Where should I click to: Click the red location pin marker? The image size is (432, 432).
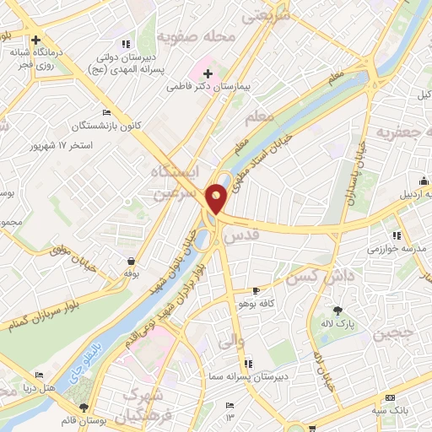[x=216, y=198]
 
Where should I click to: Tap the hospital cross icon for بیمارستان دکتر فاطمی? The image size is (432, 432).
[x=207, y=75]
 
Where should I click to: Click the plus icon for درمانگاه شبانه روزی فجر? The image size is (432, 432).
[x=35, y=40]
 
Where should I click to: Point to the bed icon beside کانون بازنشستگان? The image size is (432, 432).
[x=105, y=112]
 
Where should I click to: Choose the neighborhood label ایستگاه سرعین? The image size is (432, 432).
[x=175, y=181]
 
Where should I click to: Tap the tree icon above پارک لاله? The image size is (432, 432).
[x=338, y=310]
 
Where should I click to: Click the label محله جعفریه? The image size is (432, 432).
[x=402, y=133]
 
